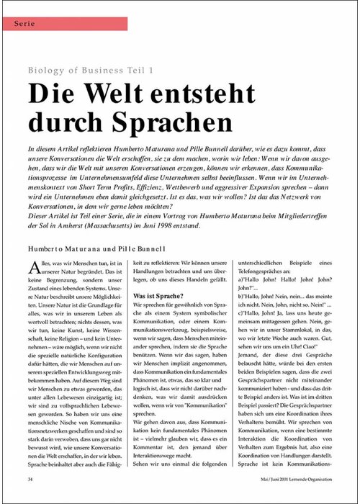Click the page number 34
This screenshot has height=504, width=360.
[x=30, y=477]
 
